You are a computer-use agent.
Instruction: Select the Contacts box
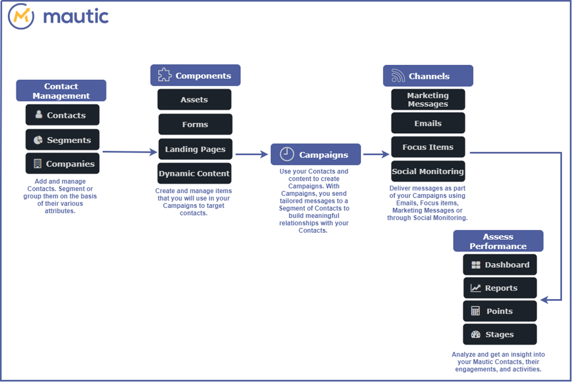[62, 115]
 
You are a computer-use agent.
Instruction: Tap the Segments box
[62, 140]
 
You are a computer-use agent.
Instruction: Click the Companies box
[62, 164]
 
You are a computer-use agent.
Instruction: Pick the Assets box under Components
[194, 100]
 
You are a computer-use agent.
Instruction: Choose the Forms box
[195, 124]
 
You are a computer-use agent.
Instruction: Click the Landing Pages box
[195, 149]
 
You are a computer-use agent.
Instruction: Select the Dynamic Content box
[194, 174]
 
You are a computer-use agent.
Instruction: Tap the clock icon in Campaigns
[287, 155]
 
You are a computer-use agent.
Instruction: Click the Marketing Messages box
[428, 100]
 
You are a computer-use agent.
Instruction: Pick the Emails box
[428, 123]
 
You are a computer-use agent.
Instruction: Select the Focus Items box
[428, 147]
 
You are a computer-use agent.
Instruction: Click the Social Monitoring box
[428, 171]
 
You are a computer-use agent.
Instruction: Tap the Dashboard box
[500, 265]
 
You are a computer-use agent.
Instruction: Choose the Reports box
[500, 288]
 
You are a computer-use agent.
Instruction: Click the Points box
[500, 311]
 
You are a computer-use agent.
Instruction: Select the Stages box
[500, 334]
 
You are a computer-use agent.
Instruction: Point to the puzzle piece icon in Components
[165, 75]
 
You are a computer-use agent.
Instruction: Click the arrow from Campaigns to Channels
[376, 154]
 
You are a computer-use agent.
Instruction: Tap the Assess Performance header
[498, 241]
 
